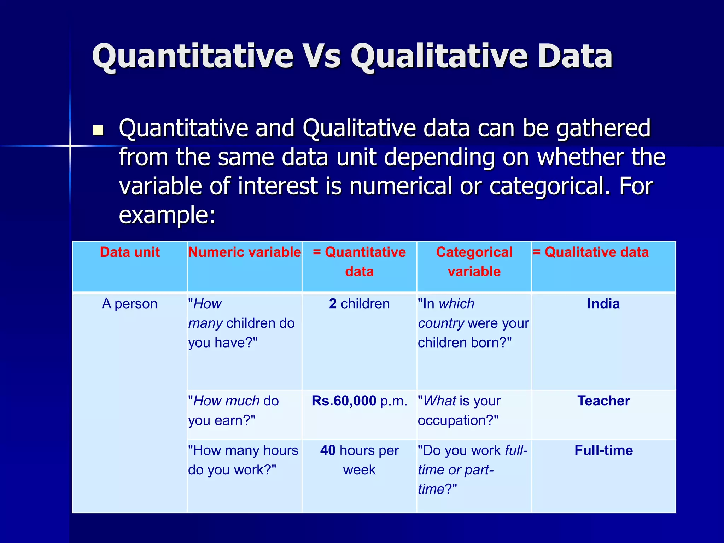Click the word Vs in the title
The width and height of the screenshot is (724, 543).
pos(322,57)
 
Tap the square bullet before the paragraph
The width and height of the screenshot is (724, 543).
pos(98,130)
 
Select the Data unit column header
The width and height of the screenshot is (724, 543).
pos(130,252)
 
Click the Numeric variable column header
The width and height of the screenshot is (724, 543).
pos(244,252)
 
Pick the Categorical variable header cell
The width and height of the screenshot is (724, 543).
pos(474,262)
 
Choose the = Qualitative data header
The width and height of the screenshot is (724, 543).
pos(591,252)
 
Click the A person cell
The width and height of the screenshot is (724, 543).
pos(129,304)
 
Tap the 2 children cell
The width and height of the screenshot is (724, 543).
pos(359,304)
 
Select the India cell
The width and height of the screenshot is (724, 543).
pos(603,304)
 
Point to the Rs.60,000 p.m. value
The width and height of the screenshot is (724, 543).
pos(359,401)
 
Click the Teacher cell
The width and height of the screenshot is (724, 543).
pos(603,401)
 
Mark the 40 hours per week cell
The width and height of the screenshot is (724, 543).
pos(359,460)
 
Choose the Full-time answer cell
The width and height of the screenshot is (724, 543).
pos(603,451)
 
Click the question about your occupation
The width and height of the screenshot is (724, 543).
pos(459,411)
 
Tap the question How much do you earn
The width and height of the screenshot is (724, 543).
pos(233,411)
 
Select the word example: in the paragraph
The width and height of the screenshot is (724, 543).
pos(167,215)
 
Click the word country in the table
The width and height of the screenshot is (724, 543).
pos(441,323)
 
